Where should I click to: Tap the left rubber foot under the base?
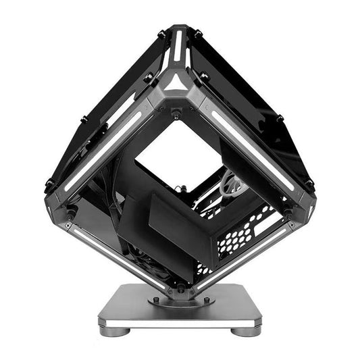tap(113, 330)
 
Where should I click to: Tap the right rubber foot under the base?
tap(247, 330)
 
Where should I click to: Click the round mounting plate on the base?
tap(179, 301)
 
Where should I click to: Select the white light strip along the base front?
tap(179, 324)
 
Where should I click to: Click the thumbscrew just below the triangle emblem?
tap(177, 114)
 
